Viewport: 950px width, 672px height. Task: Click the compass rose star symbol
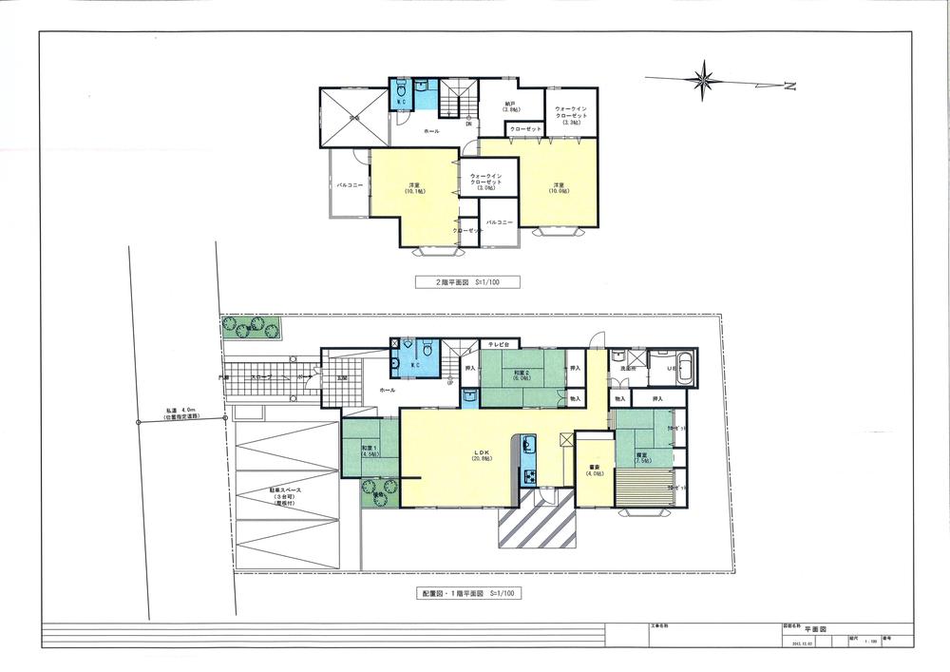[704, 80]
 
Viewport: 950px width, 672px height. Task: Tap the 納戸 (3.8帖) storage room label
[509, 106]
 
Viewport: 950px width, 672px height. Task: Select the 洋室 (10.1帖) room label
[414, 187]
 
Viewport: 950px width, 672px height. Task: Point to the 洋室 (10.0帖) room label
[559, 187]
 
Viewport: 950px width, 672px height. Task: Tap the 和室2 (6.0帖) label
[521, 375]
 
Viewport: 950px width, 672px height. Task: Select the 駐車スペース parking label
[282, 497]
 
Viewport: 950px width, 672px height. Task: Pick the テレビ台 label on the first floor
[498, 343]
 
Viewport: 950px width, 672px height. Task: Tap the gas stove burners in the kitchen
[529, 474]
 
